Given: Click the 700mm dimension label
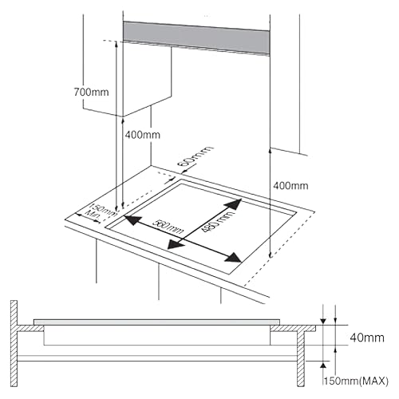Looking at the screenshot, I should [89, 93].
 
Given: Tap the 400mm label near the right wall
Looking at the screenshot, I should [290, 185].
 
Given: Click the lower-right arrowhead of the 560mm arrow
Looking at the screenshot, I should [236, 259].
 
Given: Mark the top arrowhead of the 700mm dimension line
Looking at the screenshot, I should [117, 45].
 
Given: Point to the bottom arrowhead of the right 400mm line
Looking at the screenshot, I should [271, 254].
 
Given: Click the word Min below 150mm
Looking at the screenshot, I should [94, 215].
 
